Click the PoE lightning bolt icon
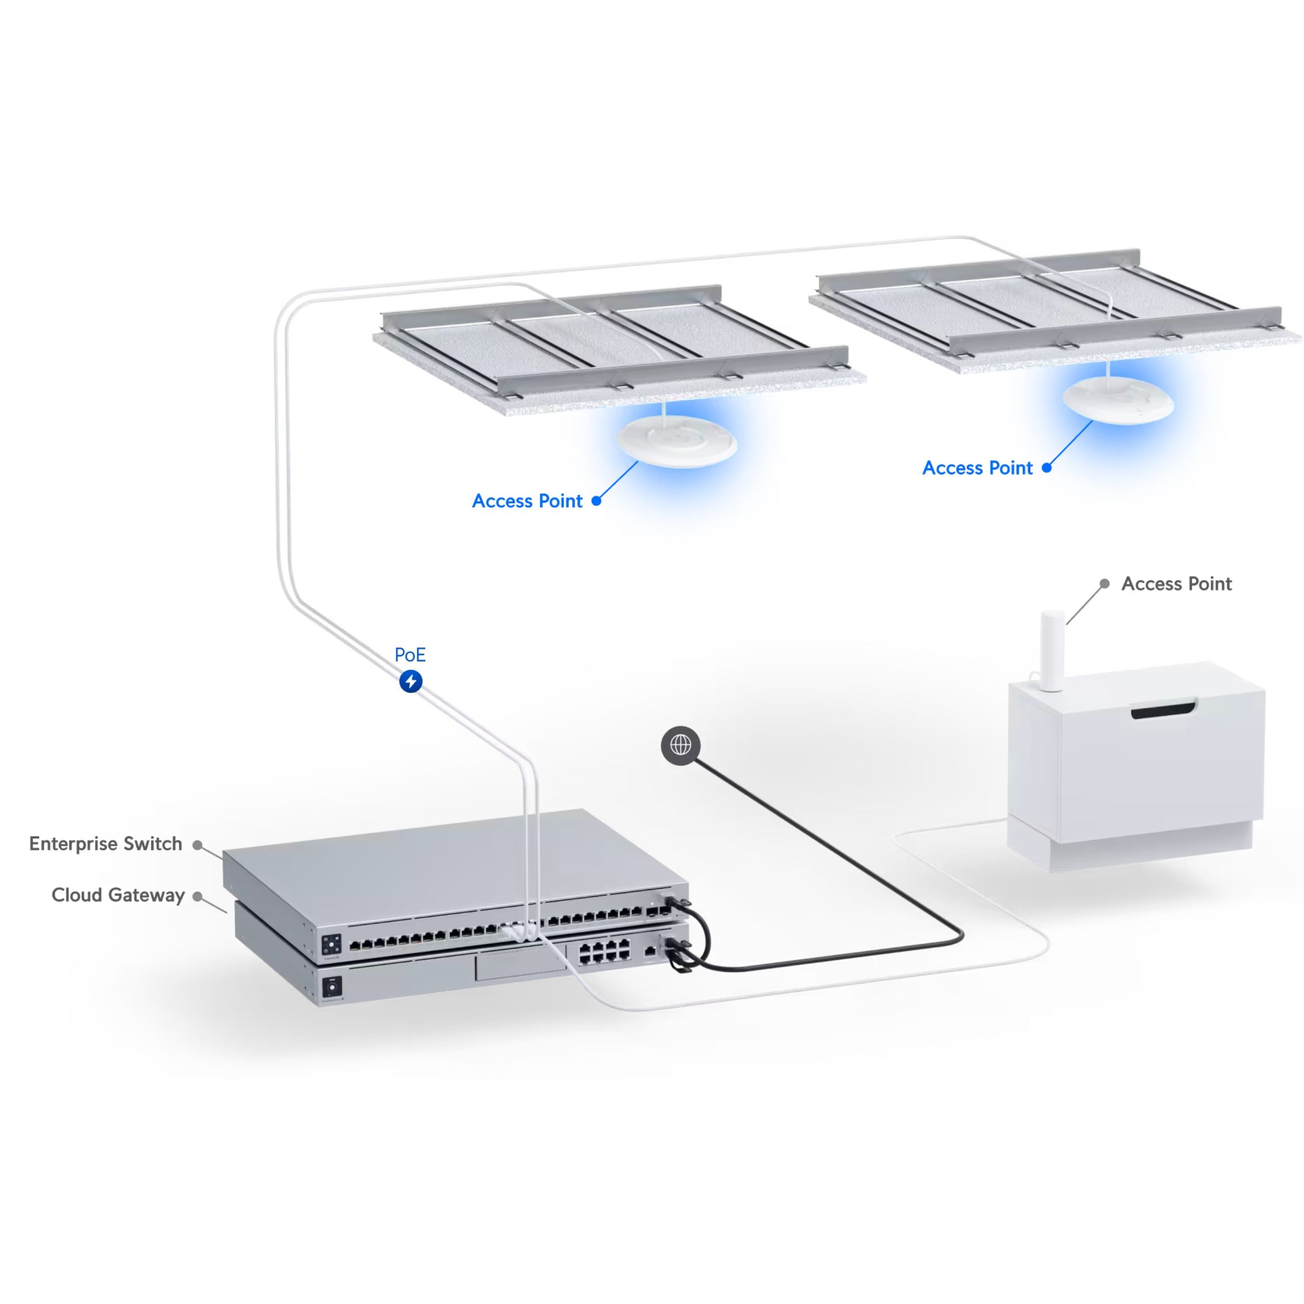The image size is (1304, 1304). tap(410, 681)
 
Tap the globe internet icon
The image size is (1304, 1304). tap(680, 745)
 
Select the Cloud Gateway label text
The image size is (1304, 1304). tap(118, 895)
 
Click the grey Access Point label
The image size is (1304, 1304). tap(1176, 584)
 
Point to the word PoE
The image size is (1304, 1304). tap(410, 655)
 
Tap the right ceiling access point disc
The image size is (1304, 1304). tap(1118, 401)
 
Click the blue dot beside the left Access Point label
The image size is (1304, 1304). tap(597, 501)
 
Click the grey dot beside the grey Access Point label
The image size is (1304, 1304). tap(1105, 584)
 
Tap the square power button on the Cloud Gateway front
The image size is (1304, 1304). tap(332, 987)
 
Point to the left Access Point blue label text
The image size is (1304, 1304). tap(527, 501)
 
